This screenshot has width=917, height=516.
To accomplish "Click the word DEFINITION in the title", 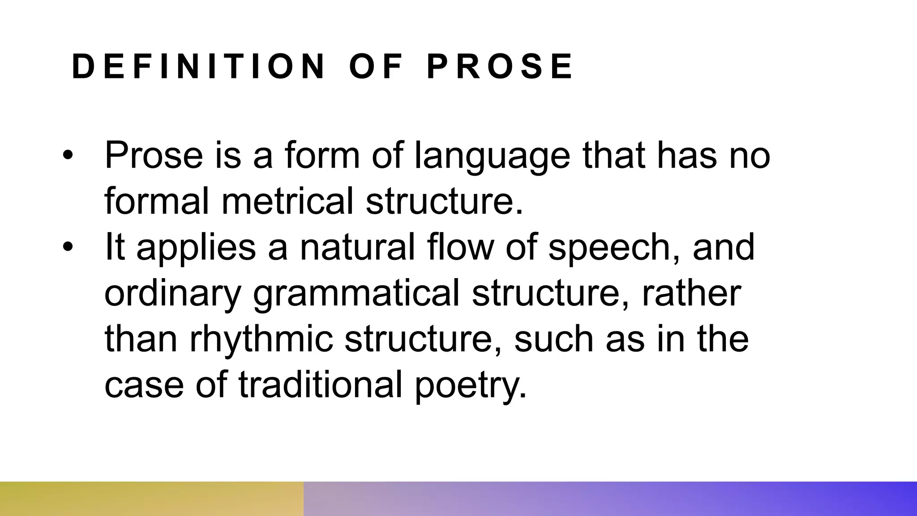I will point(198,67).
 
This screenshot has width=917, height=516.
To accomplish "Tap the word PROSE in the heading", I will point(500,67).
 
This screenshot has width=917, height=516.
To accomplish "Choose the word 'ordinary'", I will point(172,295).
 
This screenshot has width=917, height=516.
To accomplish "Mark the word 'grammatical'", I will point(356,295).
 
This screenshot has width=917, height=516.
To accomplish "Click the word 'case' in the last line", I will point(144,386).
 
